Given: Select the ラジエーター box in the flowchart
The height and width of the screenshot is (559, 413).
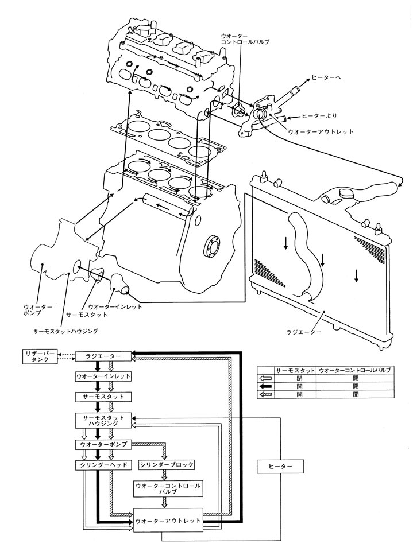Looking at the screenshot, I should [103, 356].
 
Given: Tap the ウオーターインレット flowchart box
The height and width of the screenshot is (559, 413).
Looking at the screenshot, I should [103, 376].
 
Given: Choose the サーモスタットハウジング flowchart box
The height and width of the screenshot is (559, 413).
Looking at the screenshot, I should [103, 420].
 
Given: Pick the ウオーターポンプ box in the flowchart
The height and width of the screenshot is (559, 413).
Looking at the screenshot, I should [103, 445].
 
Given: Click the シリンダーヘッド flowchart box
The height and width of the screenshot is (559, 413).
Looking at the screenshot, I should [103, 464].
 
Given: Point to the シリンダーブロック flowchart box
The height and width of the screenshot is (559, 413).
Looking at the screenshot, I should [167, 464].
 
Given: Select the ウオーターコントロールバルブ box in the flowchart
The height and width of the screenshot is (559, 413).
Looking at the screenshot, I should [167, 488].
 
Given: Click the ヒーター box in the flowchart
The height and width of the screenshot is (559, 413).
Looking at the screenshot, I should [280, 467].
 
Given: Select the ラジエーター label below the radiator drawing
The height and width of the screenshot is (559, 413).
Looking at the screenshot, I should [304, 331].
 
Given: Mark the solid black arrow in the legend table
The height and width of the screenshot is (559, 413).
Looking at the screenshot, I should [266, 386].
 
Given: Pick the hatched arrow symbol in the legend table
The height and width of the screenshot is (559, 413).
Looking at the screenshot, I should [266, 394].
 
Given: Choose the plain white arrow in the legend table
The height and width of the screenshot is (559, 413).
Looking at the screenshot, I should [266, 379].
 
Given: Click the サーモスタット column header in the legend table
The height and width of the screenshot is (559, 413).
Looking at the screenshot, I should [295, 370].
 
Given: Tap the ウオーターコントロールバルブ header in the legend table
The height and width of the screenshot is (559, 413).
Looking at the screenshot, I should [354, 370].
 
